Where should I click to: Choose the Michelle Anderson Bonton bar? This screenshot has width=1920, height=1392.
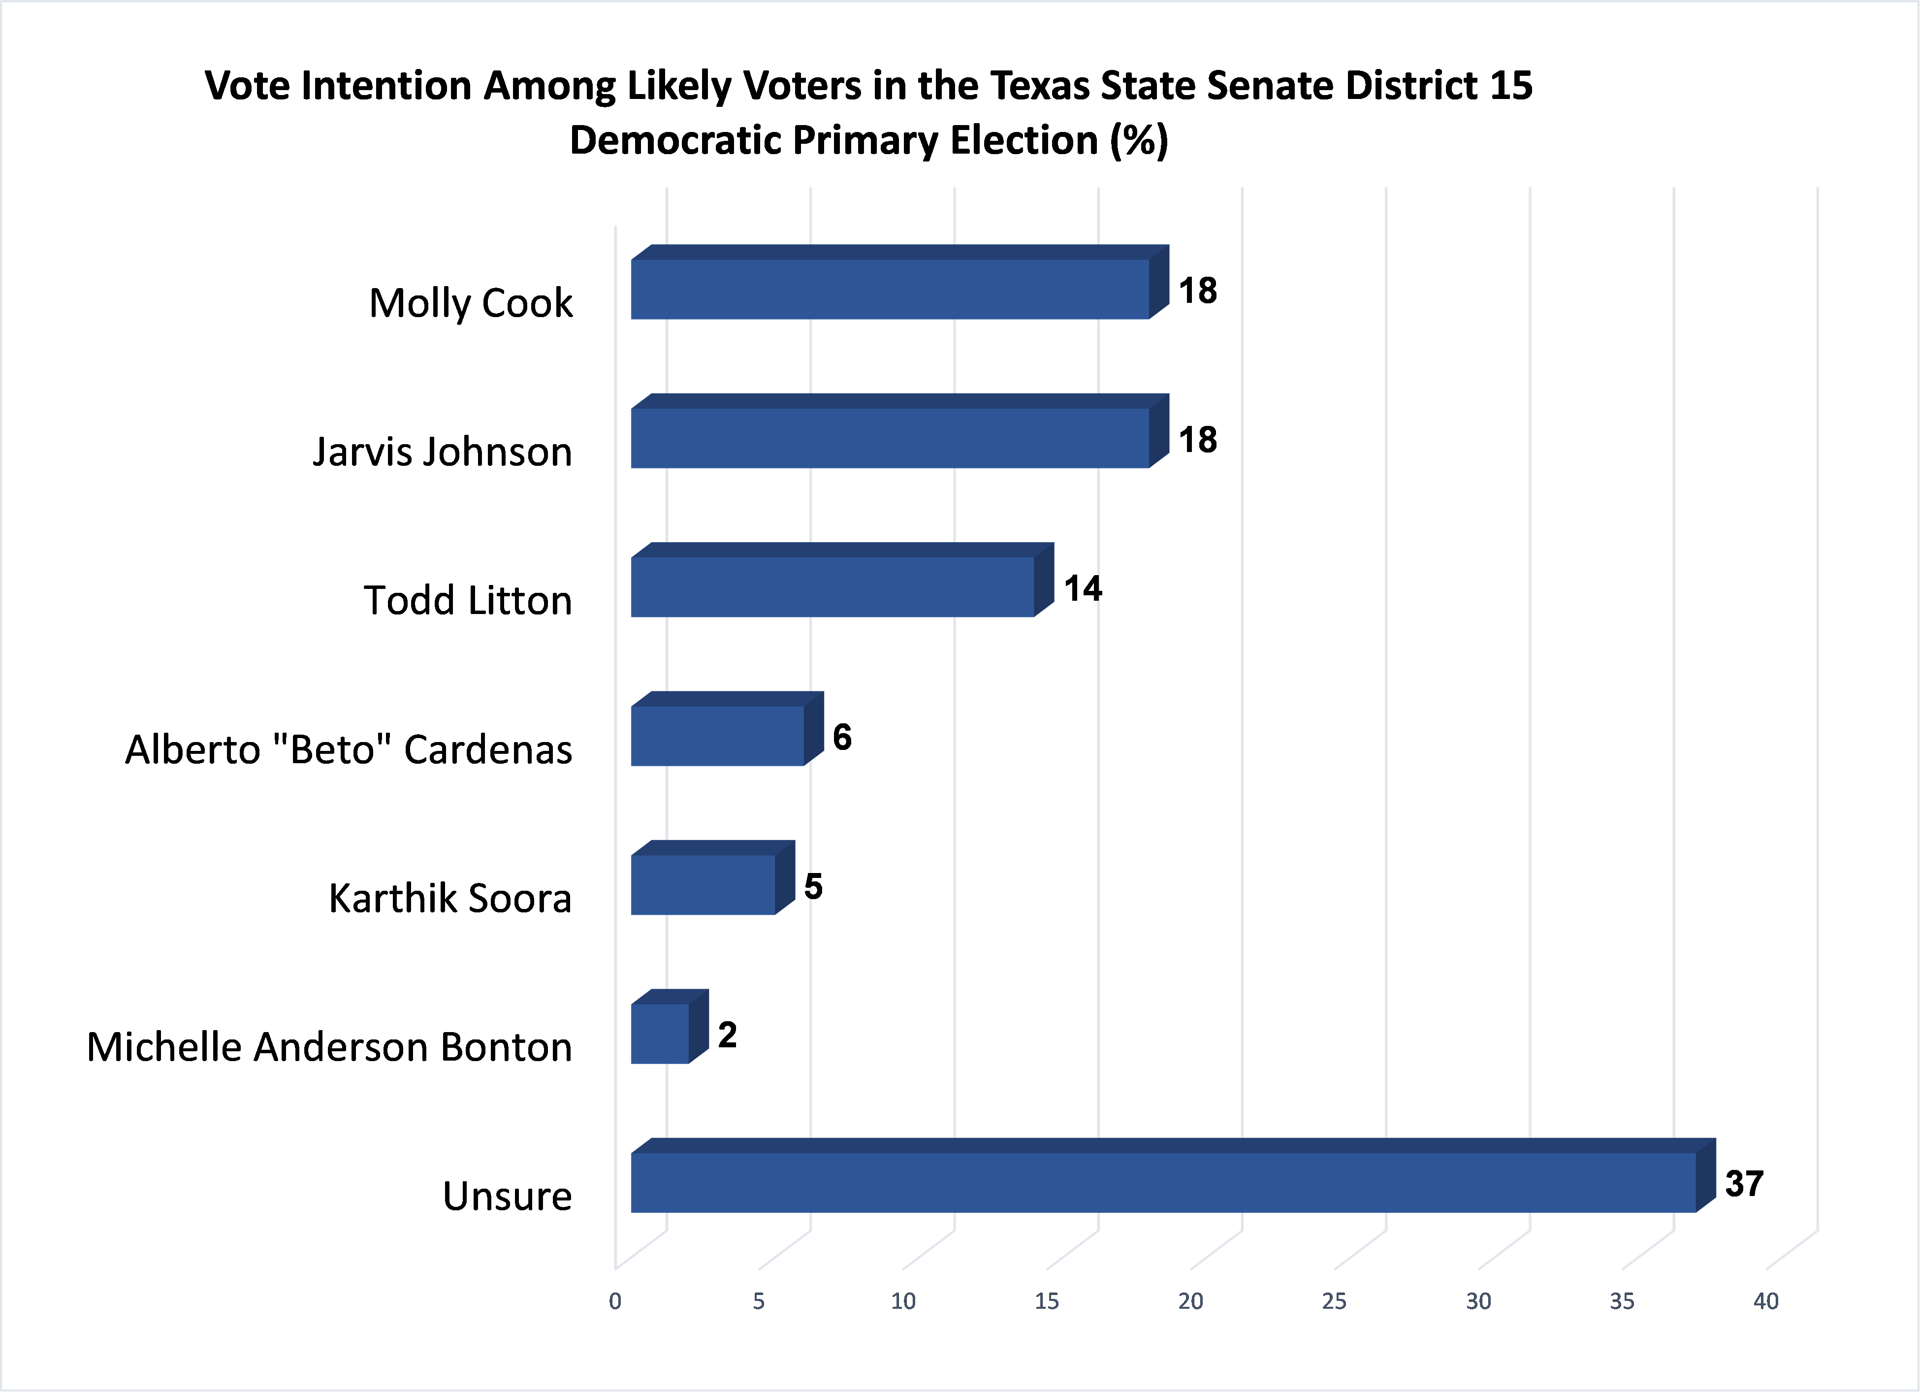click(x=660, y=1034)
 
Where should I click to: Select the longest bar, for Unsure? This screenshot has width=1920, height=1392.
click(x=1163, y=1183)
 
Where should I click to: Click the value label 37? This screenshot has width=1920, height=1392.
click(x=1744, y=1184)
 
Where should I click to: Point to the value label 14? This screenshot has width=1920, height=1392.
click(x=1083, y=588)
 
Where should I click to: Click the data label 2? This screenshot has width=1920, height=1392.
click(x=727, y=1035)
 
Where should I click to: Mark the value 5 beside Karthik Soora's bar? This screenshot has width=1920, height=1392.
click(x=813, y=886)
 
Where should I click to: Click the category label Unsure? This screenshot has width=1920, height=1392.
click(x=507, y=1197)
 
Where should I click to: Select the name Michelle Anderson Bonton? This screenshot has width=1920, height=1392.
click(x=329, y=1047)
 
